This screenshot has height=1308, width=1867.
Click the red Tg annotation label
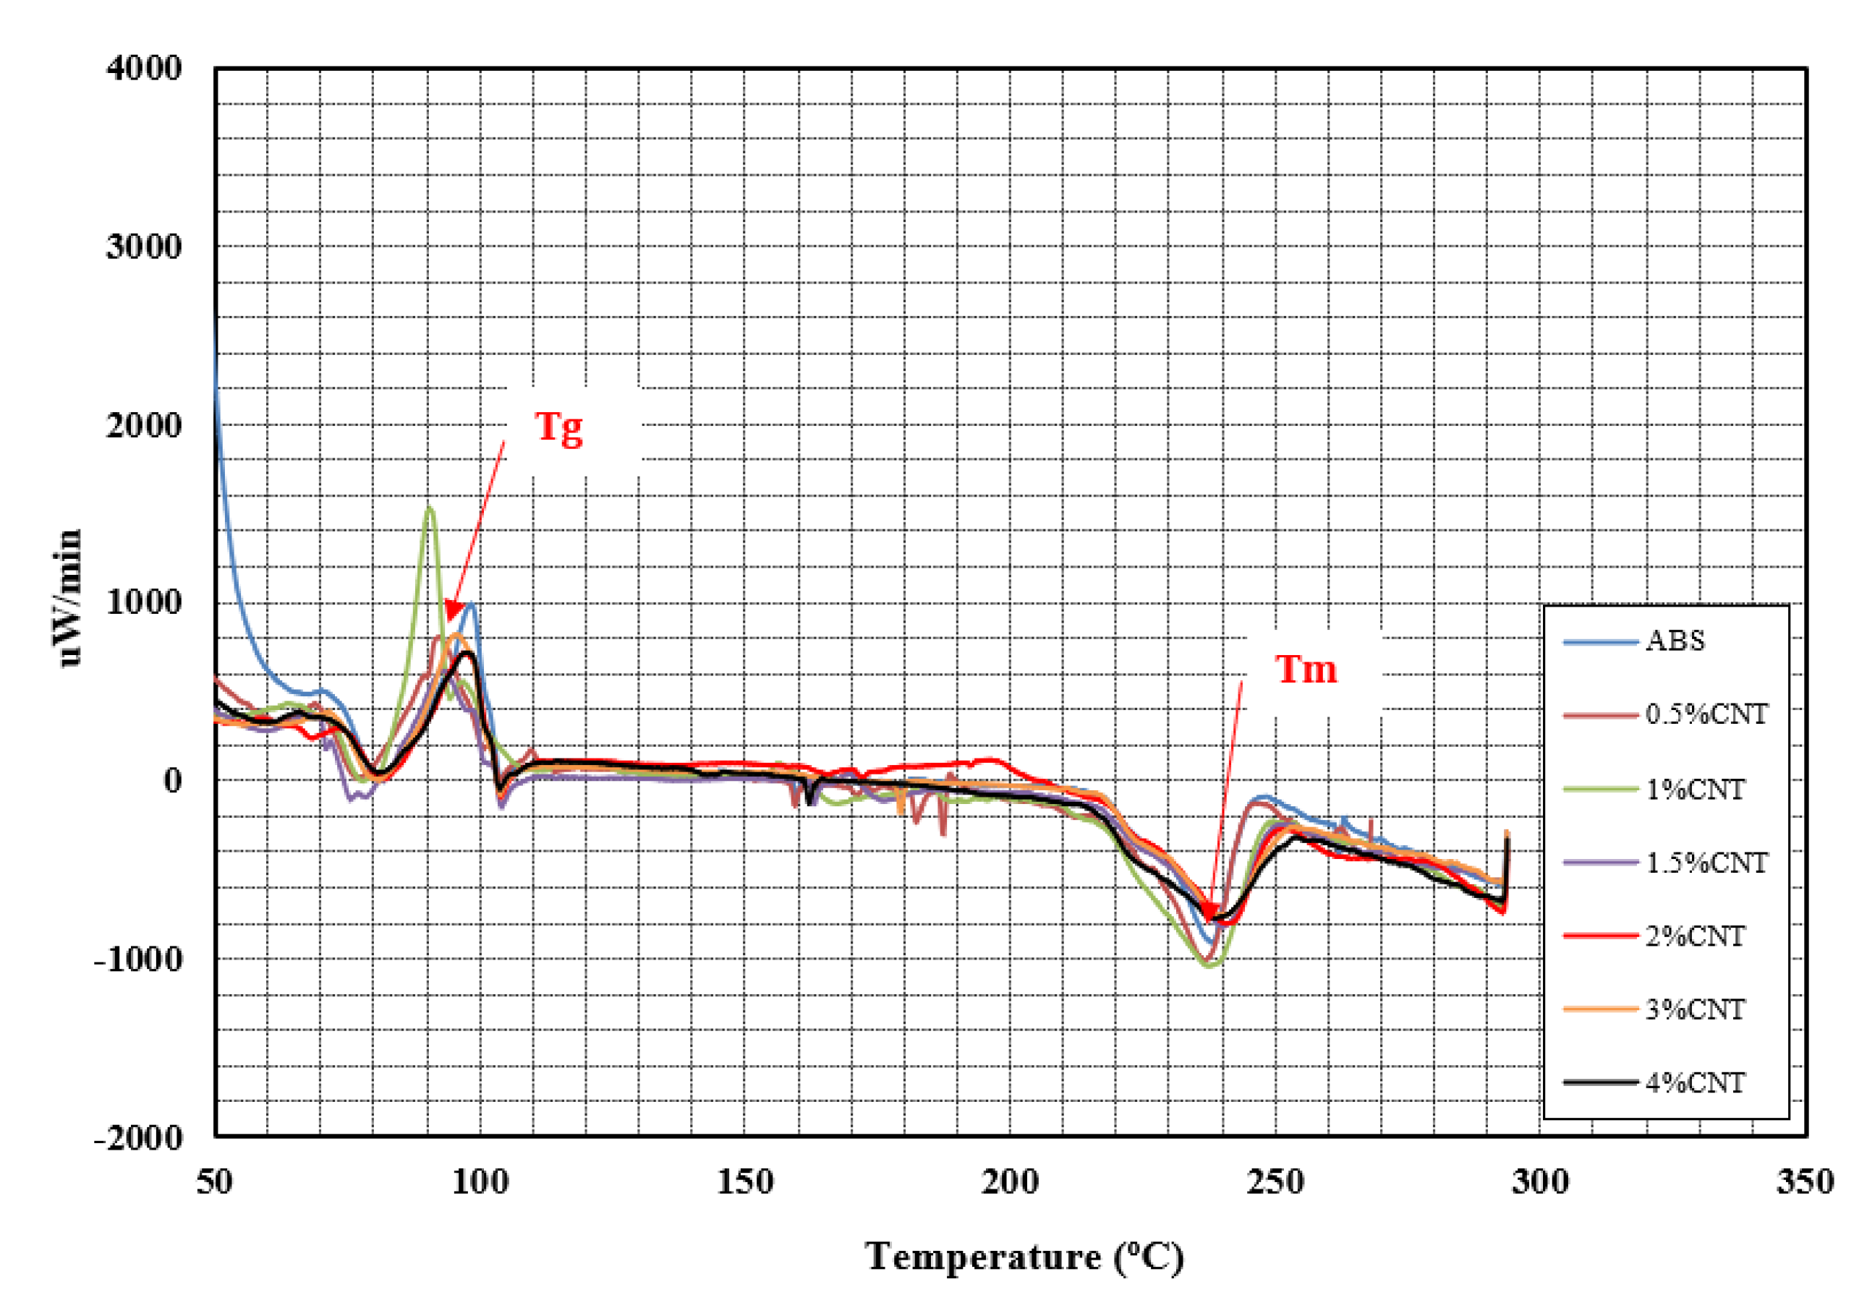pyautogui.click(x=558, y=427)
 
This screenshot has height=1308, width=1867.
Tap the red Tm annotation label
pyautogui.click(x=1306, y=669)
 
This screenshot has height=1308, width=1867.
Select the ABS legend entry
pyautogui.click(x=1675, y=641)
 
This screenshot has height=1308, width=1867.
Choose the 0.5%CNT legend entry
pyautogui.click(x=1706, y=714)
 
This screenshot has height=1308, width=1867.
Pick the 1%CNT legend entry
pyautogui.click(x=1695, y=789)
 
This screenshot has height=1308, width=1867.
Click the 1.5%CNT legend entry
pyautogui.click(x=1706, y=862)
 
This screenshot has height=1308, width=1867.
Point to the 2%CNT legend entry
pyautogui.click(x=1695, y=936)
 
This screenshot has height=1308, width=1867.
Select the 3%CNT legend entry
pyautogui.click(x=1695, y=1009)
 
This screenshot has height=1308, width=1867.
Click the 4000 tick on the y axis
pyautogui.click(x=144, y=68)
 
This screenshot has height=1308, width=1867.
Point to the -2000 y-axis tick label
pyautogui.click(x=138, y=1137)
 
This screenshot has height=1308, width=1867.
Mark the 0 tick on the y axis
pyautogui.click(x=172, y=780)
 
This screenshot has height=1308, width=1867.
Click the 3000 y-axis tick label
pyautogui.click(x=144, y=247)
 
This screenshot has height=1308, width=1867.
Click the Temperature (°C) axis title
pyautogui.click(x=1024, y=1257)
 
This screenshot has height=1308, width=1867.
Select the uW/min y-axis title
pyautogui.click(x=69, y=597)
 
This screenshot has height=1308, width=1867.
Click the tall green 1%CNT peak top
pyautogui.click(x=430, y=509)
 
